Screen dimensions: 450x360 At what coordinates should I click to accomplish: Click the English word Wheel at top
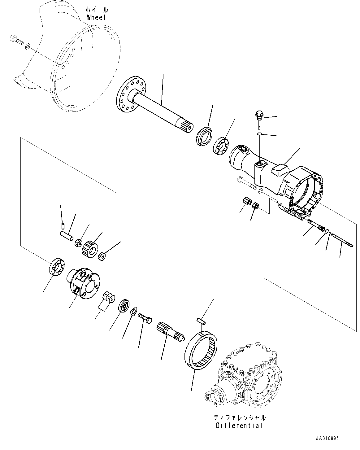96,17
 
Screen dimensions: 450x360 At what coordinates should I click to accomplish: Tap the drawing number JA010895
327,439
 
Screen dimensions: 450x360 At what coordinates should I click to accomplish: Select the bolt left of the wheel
17,40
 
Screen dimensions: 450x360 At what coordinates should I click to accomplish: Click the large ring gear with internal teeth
201,350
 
